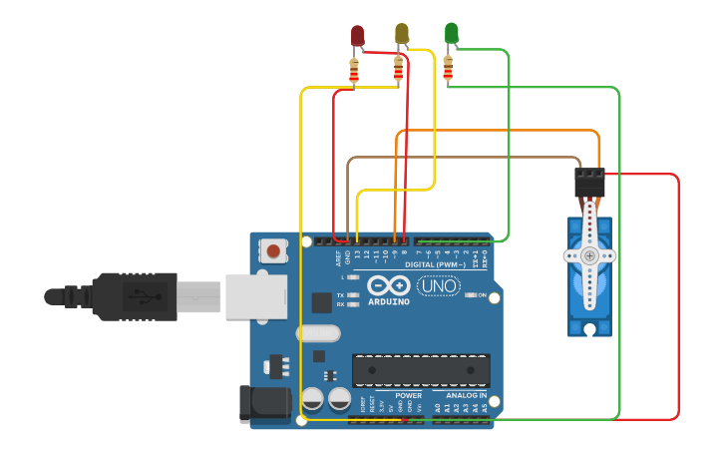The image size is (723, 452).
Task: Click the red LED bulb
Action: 357,35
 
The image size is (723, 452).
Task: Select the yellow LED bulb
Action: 402,33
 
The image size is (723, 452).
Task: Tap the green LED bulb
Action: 451,32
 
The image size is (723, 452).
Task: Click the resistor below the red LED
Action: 354,71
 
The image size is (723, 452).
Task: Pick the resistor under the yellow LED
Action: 399,69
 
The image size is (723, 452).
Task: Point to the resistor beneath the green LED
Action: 448,68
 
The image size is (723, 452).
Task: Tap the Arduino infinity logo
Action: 388,285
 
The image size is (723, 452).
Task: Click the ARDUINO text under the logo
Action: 388,301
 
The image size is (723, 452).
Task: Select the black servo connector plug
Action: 589,182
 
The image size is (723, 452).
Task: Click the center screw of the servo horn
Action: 589,255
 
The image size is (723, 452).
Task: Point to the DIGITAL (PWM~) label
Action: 436,263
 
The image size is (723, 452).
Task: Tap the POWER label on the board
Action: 408,396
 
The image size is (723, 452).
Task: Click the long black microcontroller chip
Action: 421,370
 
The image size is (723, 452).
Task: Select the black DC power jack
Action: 260,403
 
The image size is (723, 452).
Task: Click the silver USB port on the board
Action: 255,296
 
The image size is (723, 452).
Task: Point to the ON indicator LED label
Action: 482,295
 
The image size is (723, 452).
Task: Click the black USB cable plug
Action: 135,296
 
